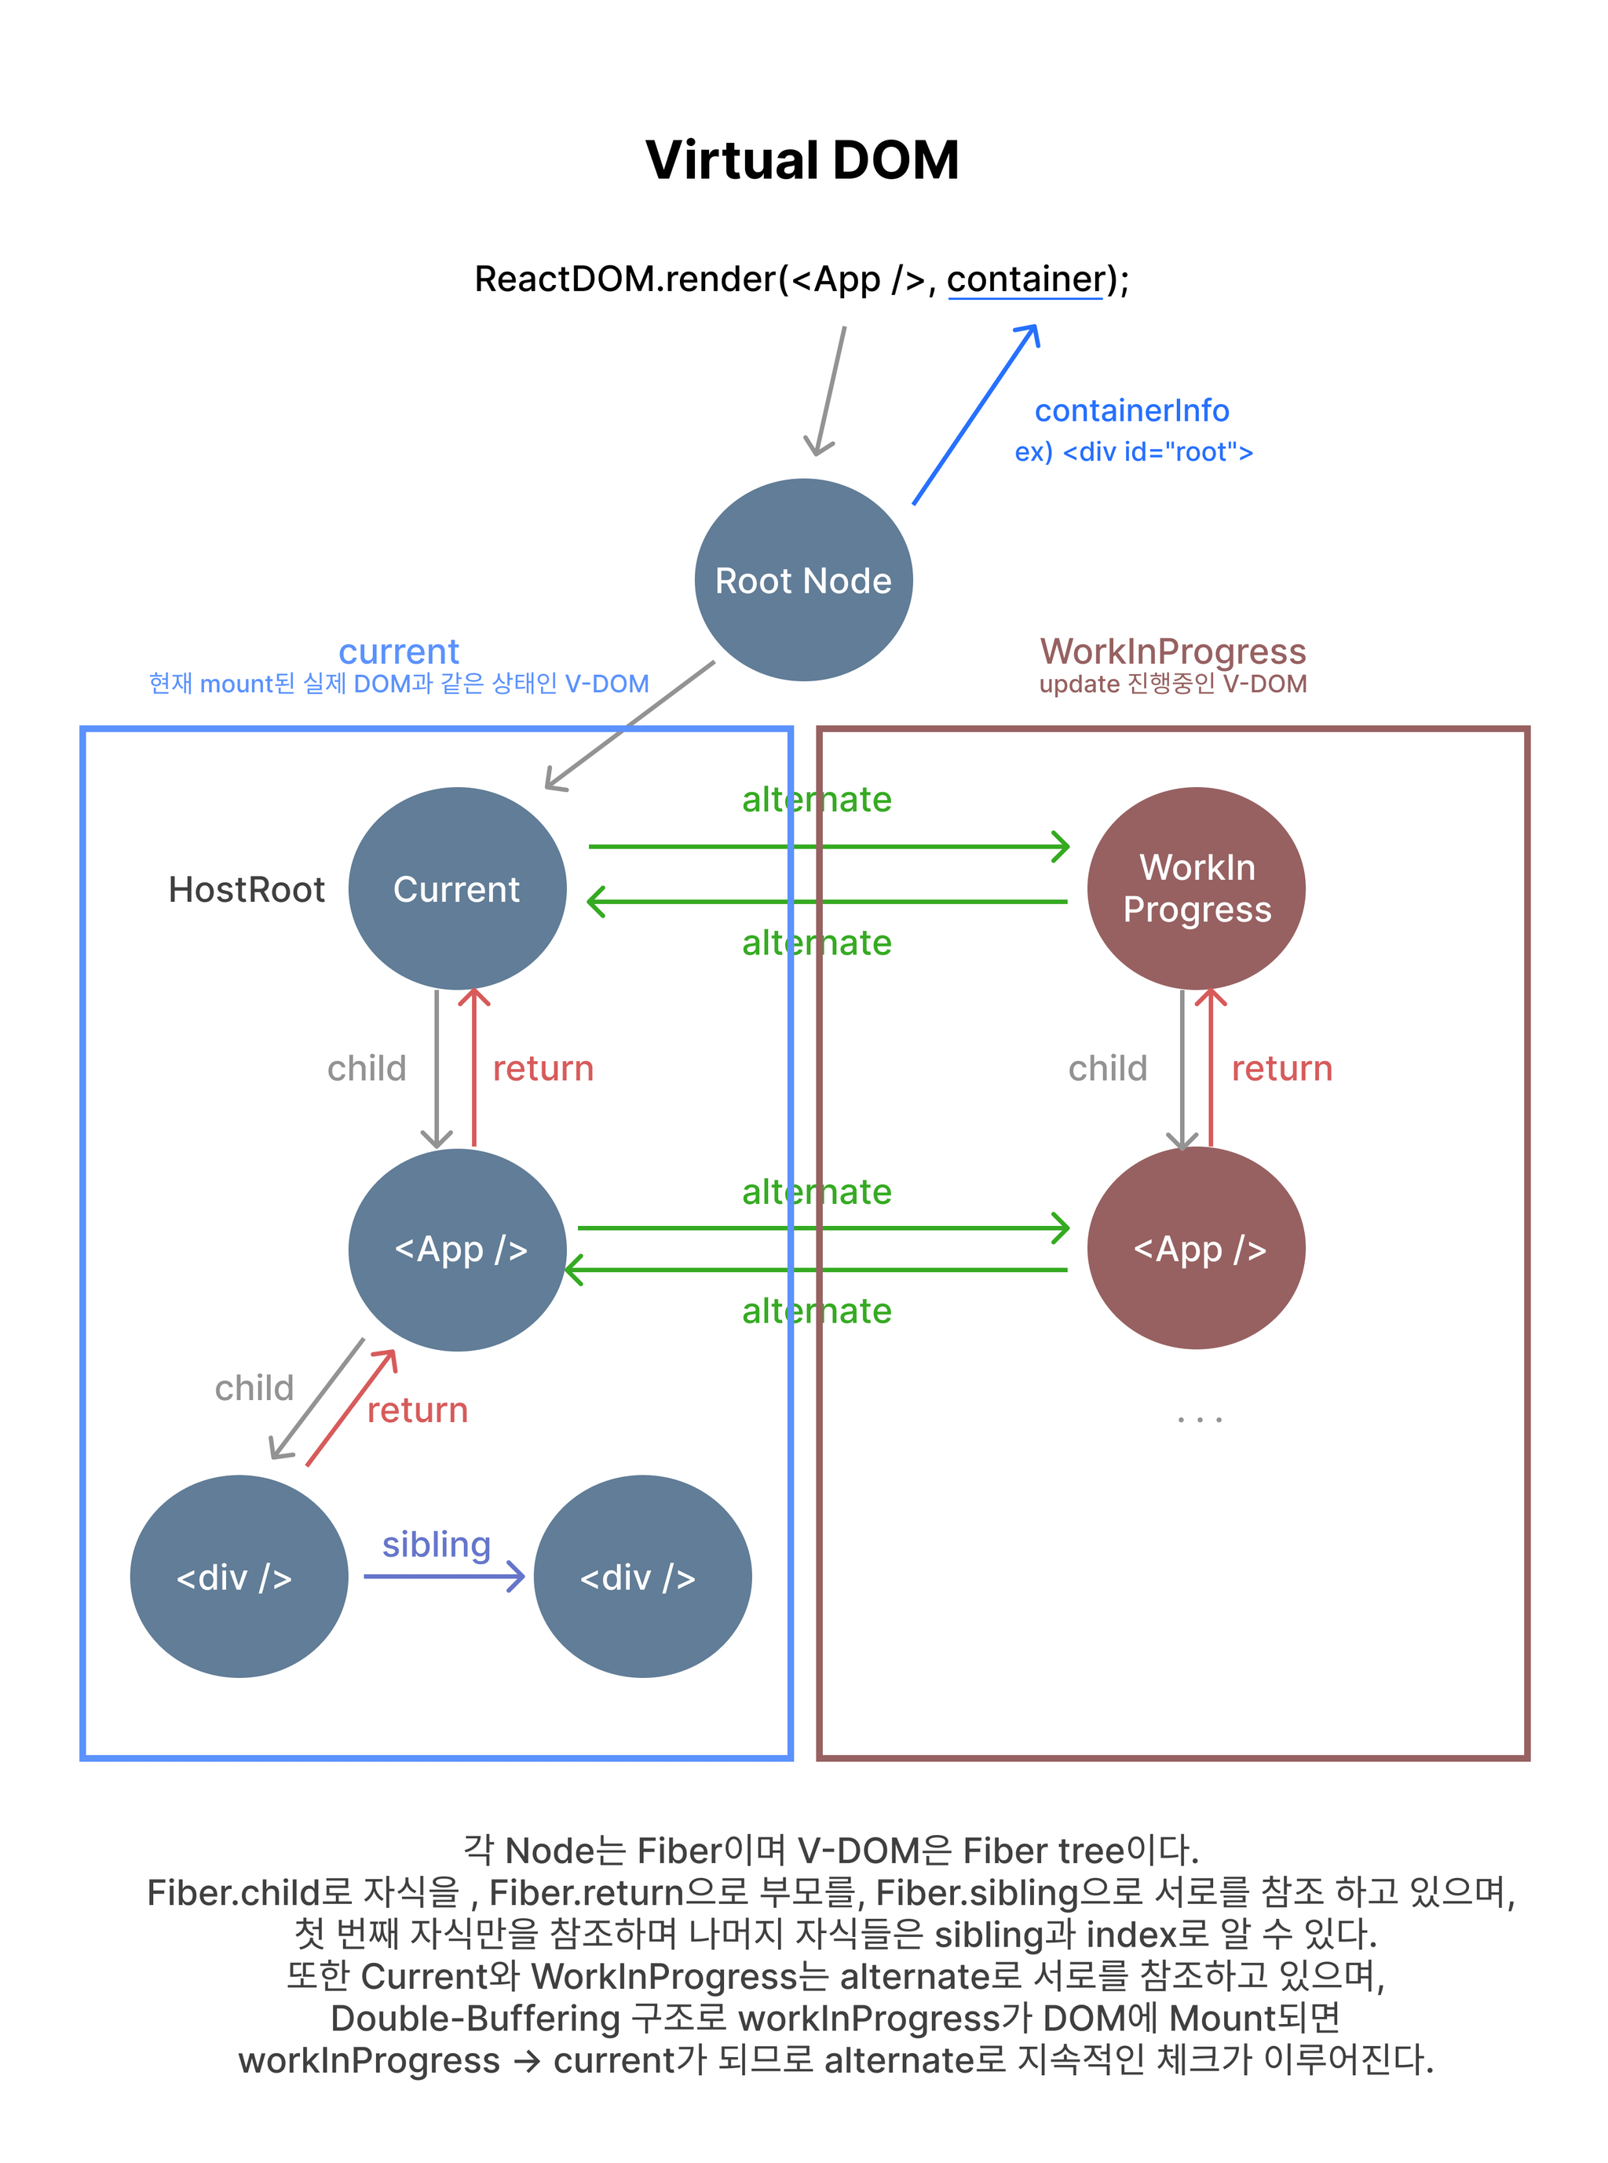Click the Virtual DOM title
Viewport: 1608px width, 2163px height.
tap(802, 161)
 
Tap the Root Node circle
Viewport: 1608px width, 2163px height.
tap(803, 580)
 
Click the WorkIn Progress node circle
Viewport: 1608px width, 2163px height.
tap(1197, 888)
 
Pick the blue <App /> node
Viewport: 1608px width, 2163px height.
tap(458, 1249)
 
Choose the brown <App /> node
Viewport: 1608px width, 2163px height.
tap(1197, 1249)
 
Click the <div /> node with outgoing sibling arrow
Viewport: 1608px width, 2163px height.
tap(239, 1576)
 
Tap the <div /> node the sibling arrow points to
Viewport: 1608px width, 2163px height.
tap(642, 1576)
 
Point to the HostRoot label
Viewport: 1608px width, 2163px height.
tap(247, 889)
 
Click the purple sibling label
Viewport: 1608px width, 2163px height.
tap(436, 1545)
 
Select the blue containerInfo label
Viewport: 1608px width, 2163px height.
tap(1131, 410)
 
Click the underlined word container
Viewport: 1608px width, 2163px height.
tap(1025, 279)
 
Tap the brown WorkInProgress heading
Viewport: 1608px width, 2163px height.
tap(1173, 651)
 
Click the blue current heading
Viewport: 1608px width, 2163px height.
tap(398, 651)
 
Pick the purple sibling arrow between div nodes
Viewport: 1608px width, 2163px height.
tap(444, 1576)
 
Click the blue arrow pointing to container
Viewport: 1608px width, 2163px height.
tap(975, 415)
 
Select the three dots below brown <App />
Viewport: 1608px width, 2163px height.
tap(1198, 1421)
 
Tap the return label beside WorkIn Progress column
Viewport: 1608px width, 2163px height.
tap(1281, 1068)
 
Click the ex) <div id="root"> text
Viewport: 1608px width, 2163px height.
tap(1133, 452)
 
